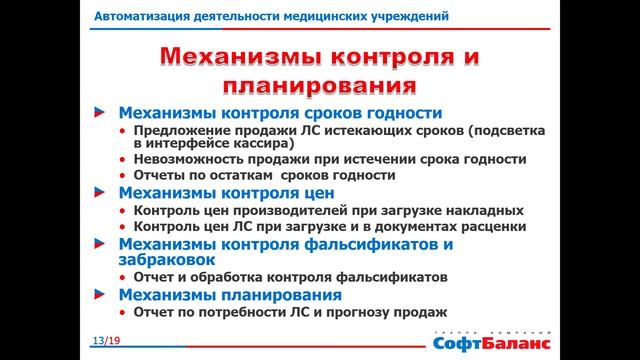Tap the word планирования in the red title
pyautogui.click(x=320, y=84)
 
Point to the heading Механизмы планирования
pyautogui.click(x=230, y=295)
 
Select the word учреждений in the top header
pyautogui.click(x=408, y=17)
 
